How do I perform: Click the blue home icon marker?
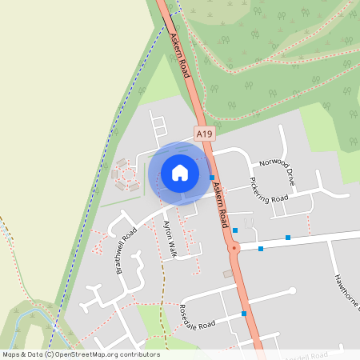[179, 173]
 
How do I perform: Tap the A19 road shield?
[206, 136]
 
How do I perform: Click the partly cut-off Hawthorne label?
[347, 292]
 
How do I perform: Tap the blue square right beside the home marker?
[212, 177]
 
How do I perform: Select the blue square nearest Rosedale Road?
[243, 314]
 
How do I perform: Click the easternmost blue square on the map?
[287, 238]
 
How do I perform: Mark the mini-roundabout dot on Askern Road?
[234, 249]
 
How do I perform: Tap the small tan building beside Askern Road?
[228, 274]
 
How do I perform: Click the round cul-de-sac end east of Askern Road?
[292, 290]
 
